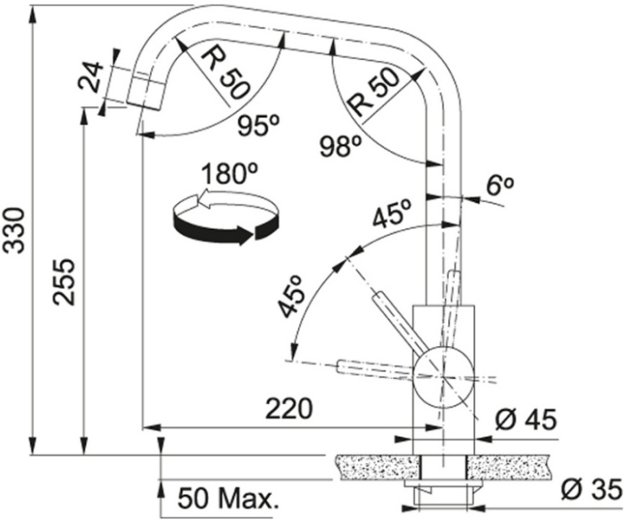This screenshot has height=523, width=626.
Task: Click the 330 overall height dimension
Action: click(15, 230)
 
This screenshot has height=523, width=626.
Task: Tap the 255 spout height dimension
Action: click(64, 282)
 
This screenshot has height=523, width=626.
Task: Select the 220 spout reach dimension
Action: click(288, 409)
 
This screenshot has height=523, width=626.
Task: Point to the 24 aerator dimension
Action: click(89, 77)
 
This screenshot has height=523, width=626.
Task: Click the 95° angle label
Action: click(258, 126)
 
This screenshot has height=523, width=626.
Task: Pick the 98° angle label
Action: click(341, 146)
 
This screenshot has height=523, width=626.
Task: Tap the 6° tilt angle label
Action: click(499, 185)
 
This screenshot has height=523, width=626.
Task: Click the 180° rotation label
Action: click(230, 174)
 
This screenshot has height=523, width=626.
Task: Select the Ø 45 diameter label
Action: click(525, 420)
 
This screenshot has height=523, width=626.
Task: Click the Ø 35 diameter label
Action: click(591, 489)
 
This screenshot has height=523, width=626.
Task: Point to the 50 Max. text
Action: click(228, 498)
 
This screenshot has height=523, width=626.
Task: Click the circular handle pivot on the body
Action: click(443, 377)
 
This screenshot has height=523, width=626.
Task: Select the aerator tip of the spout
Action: click(146, 92)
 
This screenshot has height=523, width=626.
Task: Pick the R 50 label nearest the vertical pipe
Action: click(373, 92)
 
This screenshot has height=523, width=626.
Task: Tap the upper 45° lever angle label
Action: click(391, 213)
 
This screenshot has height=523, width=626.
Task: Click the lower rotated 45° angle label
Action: click(291, 297)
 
